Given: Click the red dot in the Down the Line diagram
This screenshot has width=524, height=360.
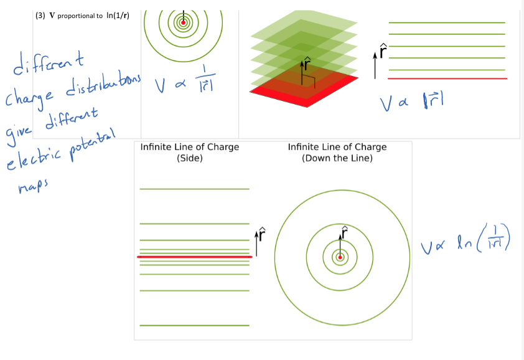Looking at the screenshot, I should (x=340, y=257).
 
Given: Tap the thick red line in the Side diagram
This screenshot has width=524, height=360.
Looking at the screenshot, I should (x=194, y=257).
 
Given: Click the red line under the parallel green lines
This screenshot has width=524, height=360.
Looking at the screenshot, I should (x=447, y=78).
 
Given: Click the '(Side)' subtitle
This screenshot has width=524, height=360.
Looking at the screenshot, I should (x=190, y=158).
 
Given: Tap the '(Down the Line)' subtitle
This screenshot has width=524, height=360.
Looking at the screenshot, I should (x=337, y=158).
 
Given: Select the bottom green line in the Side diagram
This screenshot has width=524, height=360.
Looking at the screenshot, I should (x=194, y=325).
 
